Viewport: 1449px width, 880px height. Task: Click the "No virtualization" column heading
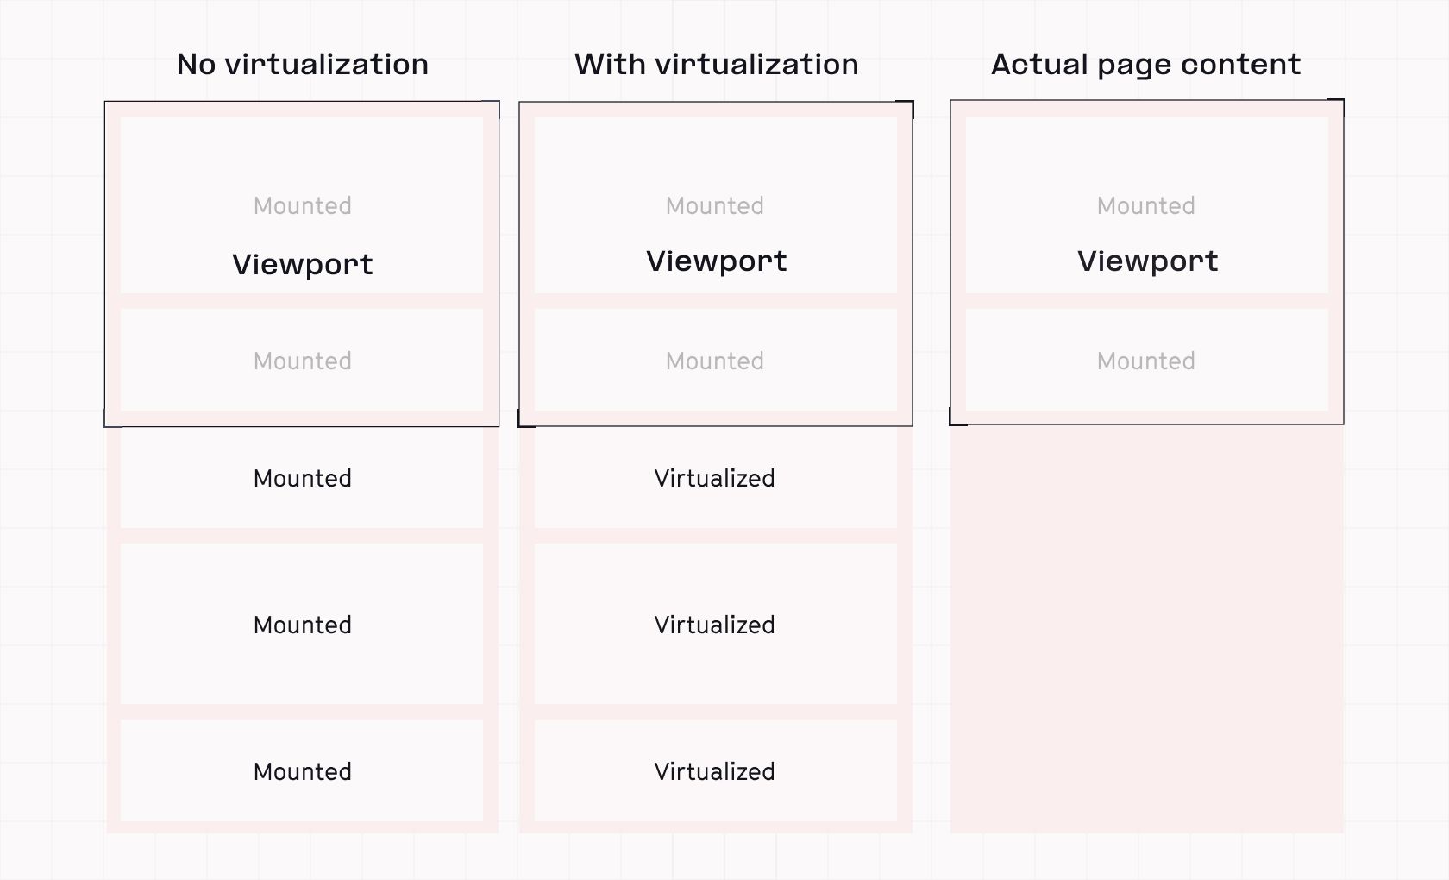(x=302, y=65)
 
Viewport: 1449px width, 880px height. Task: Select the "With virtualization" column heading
(x=716, y=65)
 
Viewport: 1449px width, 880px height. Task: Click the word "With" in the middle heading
(x=610, y=65)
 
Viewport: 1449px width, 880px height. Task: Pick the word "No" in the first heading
(x=196, y=65)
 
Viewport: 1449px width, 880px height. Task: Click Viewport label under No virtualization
(x=302, y=264)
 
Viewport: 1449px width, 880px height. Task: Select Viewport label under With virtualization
(x=716, y=261)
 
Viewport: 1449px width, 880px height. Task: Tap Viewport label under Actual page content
(x=1147, y=261)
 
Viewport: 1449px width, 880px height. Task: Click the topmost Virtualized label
(x=714, y=478)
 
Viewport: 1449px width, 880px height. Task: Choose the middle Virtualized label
(x=714, y=625)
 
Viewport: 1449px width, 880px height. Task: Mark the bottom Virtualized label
(x=714, y=771)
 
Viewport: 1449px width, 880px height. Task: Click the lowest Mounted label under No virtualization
(x=302, y=771)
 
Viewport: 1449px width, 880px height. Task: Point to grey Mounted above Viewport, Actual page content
(x=1145, y=205)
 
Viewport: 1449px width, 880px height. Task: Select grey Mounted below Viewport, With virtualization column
(x=714, y=361)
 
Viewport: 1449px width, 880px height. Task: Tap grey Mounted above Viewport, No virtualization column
(x=302, y=205)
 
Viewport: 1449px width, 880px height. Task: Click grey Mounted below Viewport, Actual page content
(x=1145, y=361)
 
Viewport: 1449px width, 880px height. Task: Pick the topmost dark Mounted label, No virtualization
(x=302, y=478)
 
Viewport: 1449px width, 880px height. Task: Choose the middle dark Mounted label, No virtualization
(x=302, y=625)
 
